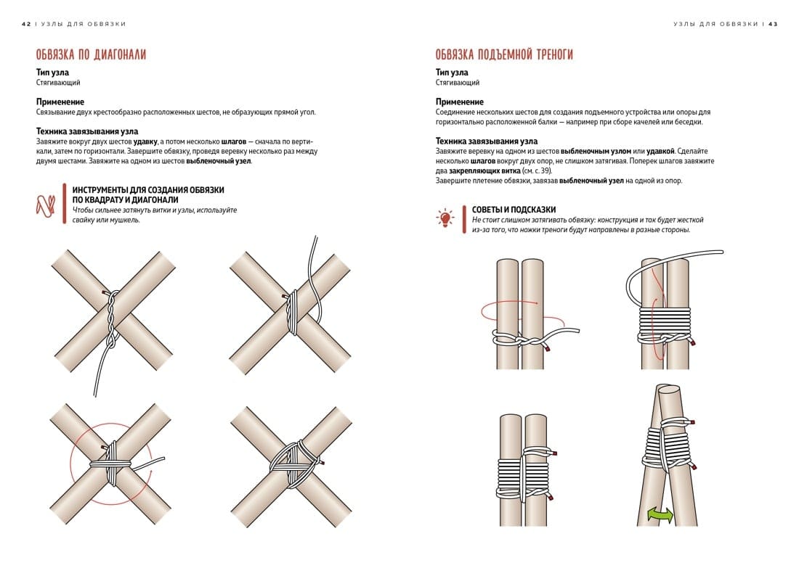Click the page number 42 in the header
26,24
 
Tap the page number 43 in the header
773,24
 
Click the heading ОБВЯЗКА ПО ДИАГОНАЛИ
91,54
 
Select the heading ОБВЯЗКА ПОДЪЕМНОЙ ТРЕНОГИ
504,54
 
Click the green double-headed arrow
660,515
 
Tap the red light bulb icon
445,218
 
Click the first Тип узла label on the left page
52,73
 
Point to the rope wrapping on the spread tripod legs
667,443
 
